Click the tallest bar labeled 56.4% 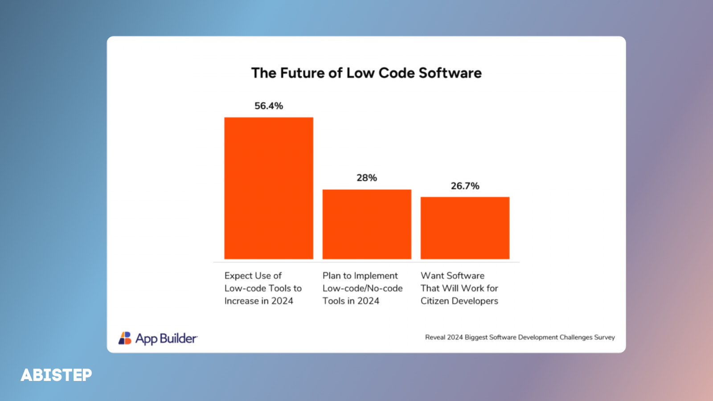pos(269,188)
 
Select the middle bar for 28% pos(367,224)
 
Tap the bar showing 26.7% pos(465,228)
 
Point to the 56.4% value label pos(269,106)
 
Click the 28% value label pos(367,178)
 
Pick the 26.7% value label pos(465,186)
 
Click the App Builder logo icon pos(125,338)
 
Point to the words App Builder pos(166,339)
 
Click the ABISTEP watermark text pos(57,375)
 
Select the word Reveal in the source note pos(435,337)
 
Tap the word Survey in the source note pos(604,337)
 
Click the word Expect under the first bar pos(238,276)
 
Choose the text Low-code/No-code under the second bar pos(363,288)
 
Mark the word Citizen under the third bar pos(435,301)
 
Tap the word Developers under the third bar pos(475,301)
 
